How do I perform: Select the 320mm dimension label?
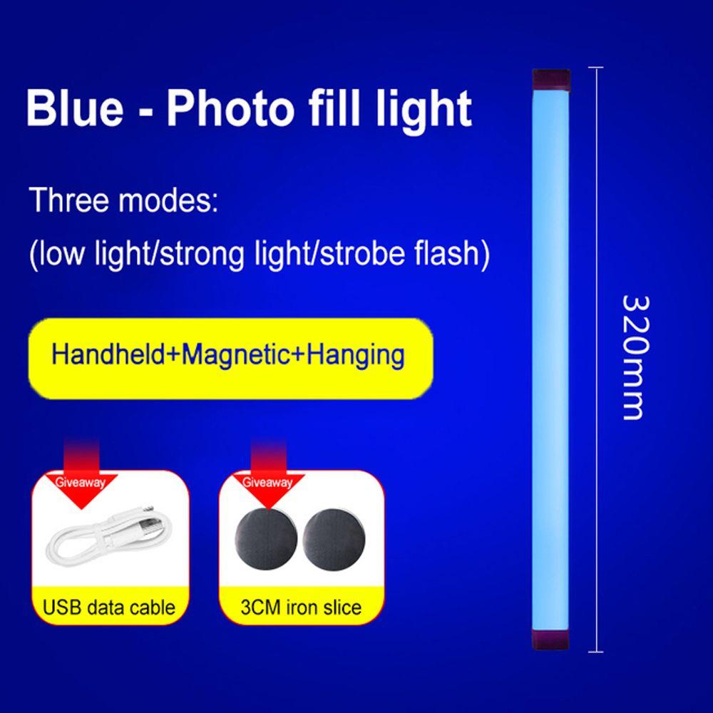[x=633, y=356]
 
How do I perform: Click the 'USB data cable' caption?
[x=109, y=608]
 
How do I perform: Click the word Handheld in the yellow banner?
[x=108, y=354]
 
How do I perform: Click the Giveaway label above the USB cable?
[x=80, y=483]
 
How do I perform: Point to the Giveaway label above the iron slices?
[x=268, y=482]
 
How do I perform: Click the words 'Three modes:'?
[x=121, y=200]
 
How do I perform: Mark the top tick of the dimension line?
[x=595, y=68]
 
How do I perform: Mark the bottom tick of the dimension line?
[x=595, y=651]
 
